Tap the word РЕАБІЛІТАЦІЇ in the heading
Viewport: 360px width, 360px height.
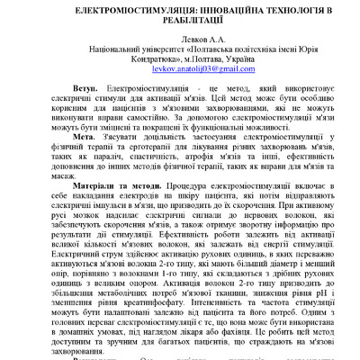point(179,24)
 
